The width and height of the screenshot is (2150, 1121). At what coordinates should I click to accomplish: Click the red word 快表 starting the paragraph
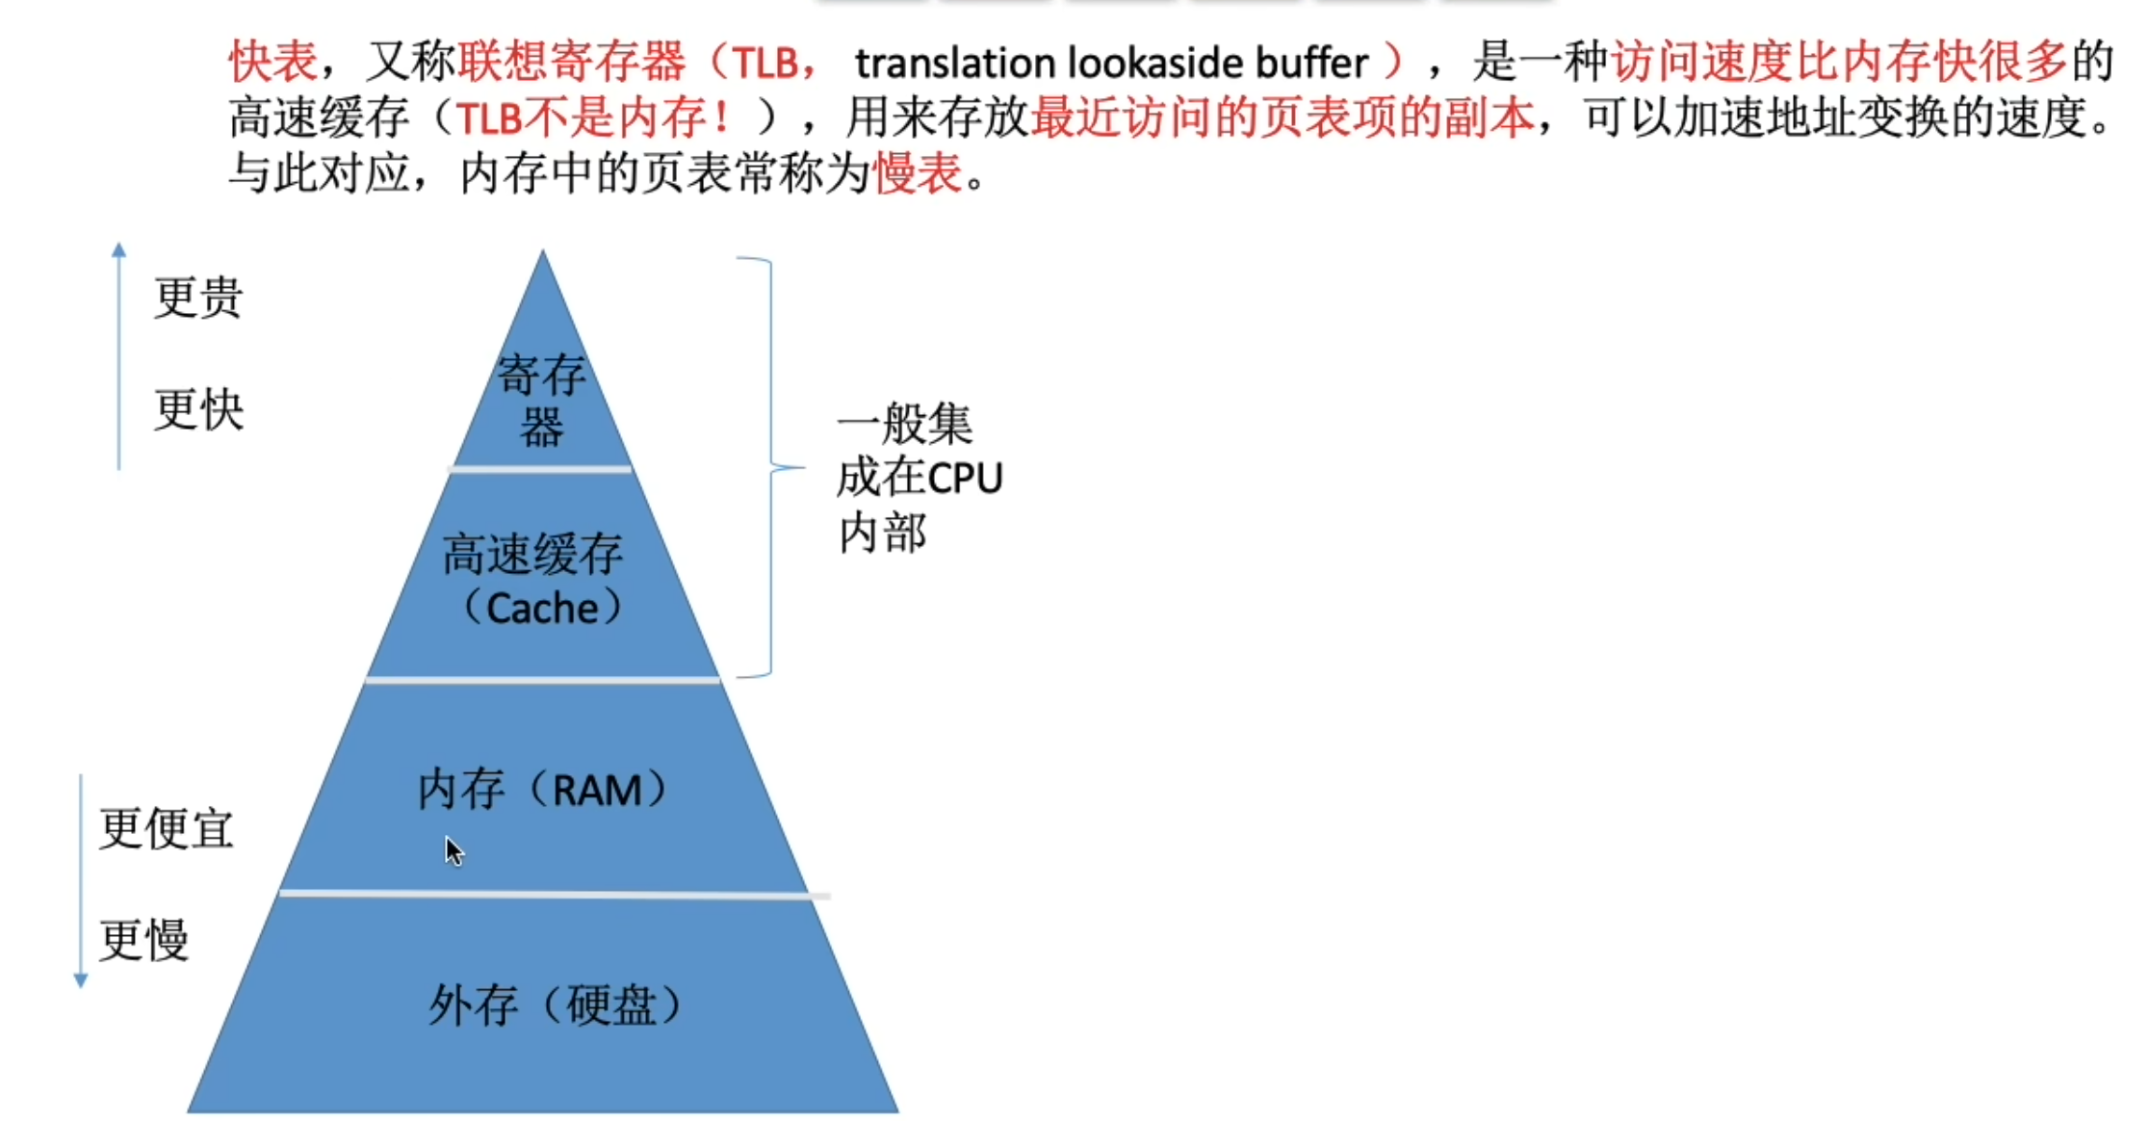coord(272,63)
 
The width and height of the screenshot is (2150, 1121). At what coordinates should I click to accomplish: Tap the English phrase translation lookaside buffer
coord(1110,64)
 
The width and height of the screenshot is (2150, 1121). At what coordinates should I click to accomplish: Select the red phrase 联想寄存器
coord(572,63)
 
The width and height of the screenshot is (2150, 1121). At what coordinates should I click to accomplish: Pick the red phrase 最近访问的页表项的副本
coord(1282,118)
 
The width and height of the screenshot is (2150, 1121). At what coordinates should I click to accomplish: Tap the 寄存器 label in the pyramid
coord(541,400)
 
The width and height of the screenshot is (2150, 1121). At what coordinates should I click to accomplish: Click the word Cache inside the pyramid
coord(542,609)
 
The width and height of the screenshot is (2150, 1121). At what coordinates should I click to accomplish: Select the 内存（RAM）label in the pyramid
coord(542,790)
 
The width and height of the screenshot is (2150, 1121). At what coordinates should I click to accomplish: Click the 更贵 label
coord(198,297)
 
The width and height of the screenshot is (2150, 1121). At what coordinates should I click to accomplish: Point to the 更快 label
coord(199,409)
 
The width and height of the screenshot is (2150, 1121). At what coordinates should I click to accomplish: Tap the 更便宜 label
coord(167,828)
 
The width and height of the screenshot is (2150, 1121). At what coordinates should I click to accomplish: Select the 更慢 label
coord(144,940)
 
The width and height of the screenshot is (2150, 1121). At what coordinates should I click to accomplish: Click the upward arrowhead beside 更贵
coord(118,249)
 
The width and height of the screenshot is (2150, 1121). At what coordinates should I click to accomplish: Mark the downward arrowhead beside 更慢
coord(81,981)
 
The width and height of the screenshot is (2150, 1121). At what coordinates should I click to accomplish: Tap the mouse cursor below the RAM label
coord(453,850)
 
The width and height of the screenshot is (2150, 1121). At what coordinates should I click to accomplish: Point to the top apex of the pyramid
coord(542,253)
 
